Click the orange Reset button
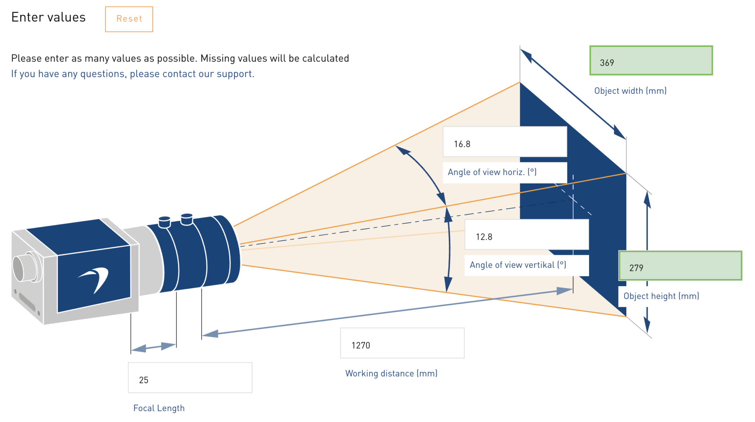tap(129, 19)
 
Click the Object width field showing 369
tap(651, 61)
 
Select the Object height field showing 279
tap(680, 266)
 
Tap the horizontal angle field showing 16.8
tap(504, 142)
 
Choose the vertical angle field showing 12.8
tap(526, 235)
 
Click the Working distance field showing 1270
tap(402, 343)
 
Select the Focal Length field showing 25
tap(190, 378)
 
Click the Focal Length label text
tap(159, 408)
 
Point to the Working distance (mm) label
tap(391, 373)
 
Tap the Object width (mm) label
tap(630, 91)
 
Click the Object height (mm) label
tap(661, 296)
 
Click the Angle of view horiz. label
tap(492, 172)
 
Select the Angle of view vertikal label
tap(518, 265)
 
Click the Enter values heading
tap(48, 17)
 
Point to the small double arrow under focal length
tap(153, 347)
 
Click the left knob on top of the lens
tap(164, 222)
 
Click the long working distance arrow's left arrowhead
tap(210, 334)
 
